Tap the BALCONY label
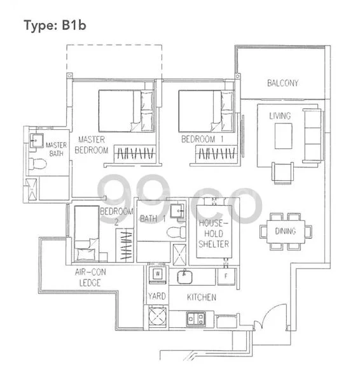tap(282, 83)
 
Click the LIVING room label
tap(280, 116)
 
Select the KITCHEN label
tap(201, 297)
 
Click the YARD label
tap(156, 297)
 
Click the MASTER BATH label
tap(56, 150)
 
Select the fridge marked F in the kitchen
tap(226, 276)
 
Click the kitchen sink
tap(185, 276)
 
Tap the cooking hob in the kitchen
tap(194, 316)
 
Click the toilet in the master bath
tap(38, 165)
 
